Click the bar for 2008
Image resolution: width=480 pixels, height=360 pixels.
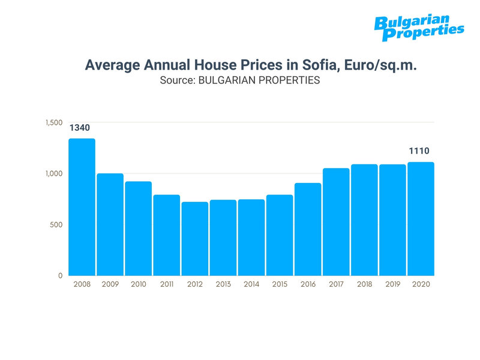tap(82, 207)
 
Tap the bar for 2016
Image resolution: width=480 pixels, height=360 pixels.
tap(308, 229)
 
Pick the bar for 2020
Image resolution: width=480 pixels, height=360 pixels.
tap(421, 219)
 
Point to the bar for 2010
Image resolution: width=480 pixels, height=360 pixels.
tap(139, 229)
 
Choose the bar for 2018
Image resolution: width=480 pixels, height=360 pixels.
tap(364, 220)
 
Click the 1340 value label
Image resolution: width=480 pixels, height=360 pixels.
tap(82, 128)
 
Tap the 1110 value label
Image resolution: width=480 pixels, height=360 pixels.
tap(420, 151)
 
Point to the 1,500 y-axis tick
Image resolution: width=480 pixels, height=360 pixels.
tap(54, 122)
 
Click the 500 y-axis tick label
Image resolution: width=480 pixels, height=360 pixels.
tap(56, 225)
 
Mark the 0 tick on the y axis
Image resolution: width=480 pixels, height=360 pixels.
tap(60, 276)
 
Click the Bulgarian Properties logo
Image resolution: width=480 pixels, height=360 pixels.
tap(419, 28)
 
